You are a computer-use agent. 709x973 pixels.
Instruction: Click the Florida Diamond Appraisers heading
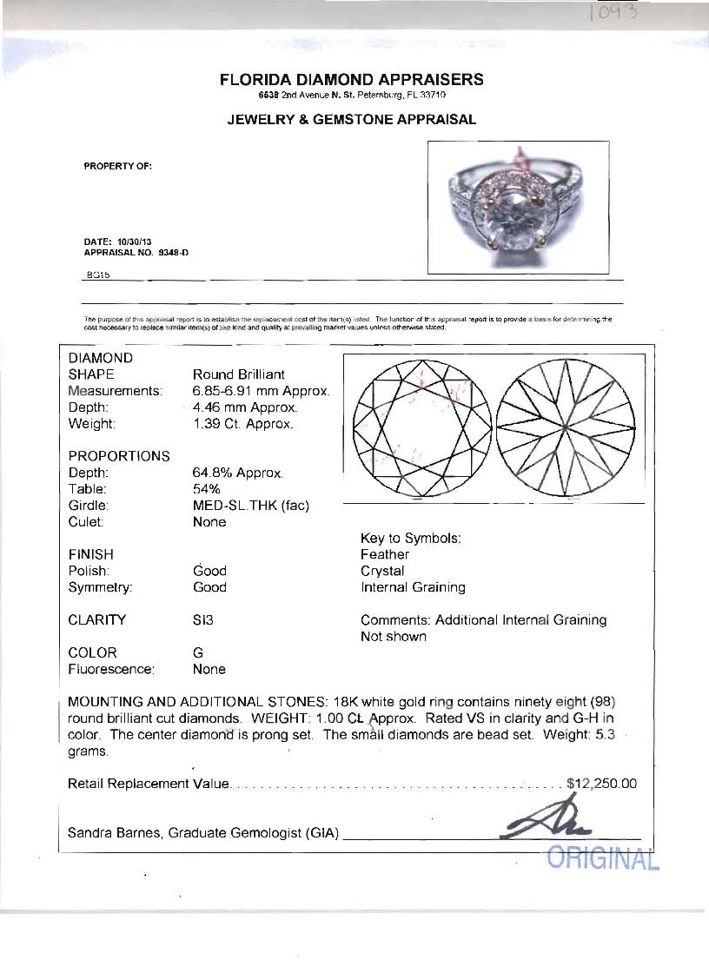[352, 80]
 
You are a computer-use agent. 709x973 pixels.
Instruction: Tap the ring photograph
[518, 208]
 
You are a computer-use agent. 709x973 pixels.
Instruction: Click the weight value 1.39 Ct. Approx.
[242, 424]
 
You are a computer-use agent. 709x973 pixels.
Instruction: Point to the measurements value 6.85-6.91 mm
[260, 391]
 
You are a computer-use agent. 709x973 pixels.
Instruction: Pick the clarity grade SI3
[203, 620]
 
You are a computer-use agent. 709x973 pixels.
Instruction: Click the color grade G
[197, 652]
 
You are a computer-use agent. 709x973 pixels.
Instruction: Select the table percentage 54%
[207, 489]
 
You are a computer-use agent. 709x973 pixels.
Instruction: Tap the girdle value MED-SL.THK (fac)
[250, 506]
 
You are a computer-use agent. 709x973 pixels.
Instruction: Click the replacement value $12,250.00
[601, 784]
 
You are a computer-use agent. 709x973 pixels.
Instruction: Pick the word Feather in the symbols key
[385, 554]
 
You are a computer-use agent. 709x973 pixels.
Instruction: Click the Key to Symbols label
[410, 538]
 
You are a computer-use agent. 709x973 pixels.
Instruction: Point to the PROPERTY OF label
[118, 166]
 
